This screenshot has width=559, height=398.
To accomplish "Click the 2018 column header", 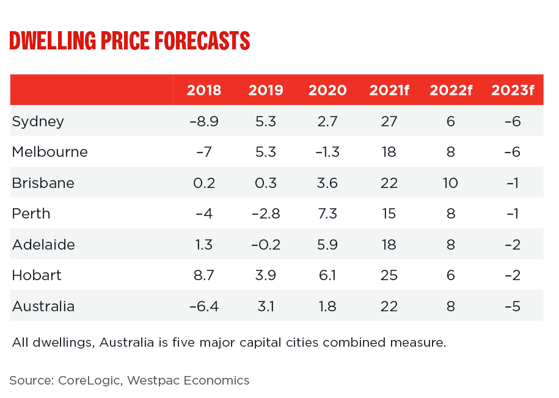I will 204,90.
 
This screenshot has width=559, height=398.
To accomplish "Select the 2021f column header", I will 389,90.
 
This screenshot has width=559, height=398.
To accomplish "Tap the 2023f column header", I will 513,90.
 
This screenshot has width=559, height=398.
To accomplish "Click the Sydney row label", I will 38,121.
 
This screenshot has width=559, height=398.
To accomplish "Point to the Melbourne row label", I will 49,152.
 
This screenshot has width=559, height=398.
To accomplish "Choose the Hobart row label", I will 37,275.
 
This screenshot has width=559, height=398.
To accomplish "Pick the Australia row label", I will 43,306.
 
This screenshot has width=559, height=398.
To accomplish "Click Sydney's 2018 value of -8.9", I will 204,121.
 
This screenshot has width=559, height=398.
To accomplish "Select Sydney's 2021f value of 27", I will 389,121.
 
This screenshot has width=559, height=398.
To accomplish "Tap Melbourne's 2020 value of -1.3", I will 327,152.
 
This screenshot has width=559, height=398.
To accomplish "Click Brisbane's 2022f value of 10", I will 451,183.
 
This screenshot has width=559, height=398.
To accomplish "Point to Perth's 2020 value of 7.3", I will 327,214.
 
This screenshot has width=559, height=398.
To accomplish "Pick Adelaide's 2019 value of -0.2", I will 266,245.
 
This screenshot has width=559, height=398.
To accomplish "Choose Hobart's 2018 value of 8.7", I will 204,275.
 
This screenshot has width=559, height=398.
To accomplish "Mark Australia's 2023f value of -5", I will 513,306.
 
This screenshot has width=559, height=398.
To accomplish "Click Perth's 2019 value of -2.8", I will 266,214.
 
